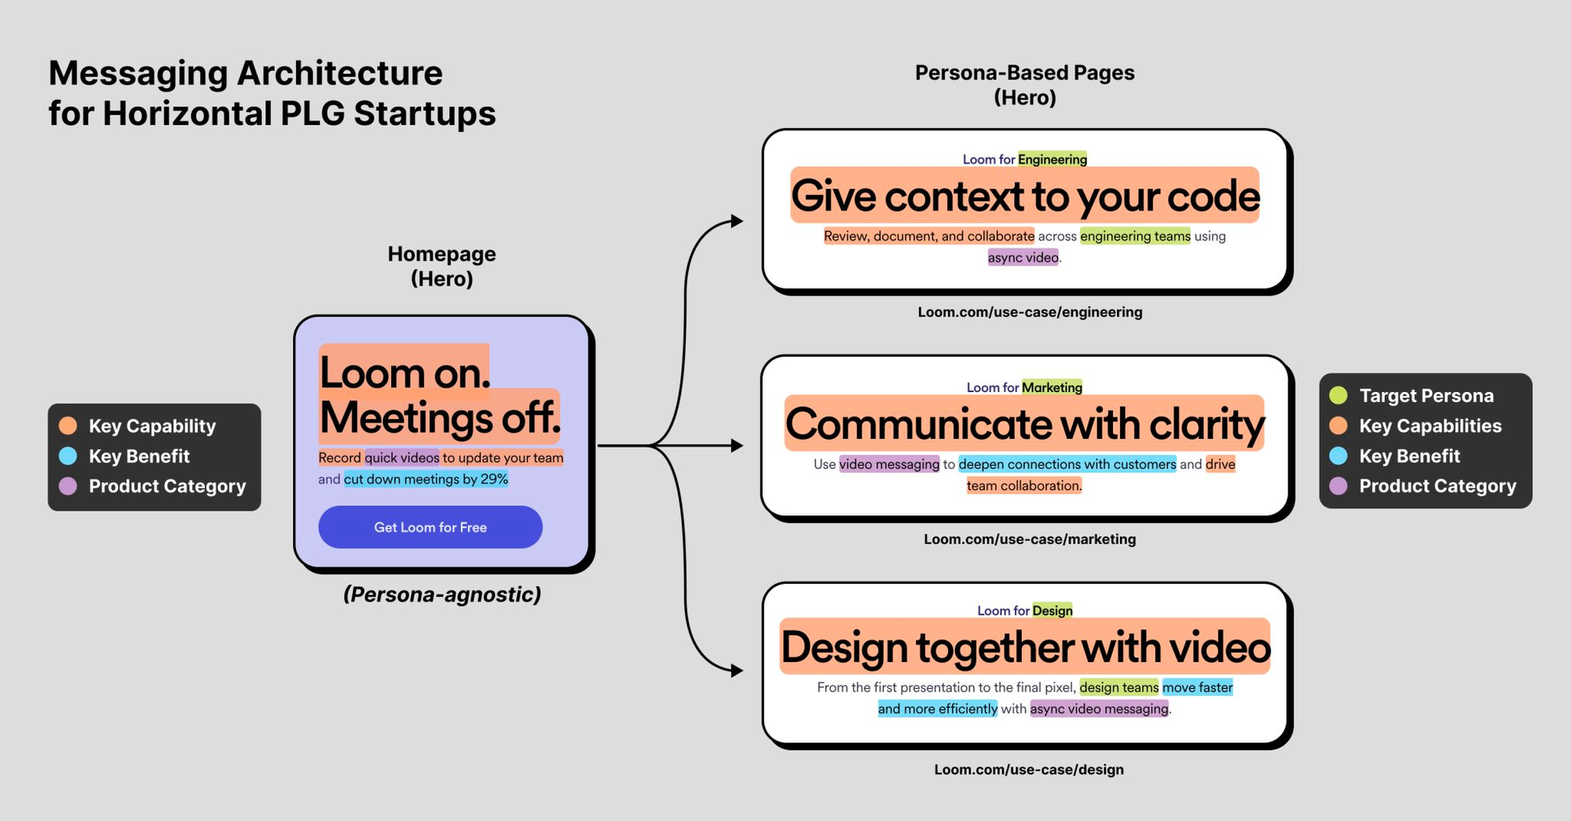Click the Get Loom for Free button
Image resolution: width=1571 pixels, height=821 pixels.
click(430, 527)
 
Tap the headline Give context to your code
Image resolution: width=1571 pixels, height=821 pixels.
click(1025, 196)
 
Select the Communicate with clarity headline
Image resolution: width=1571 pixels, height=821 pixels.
click(1024, 424)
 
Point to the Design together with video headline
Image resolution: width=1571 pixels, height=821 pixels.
click(1025, 647)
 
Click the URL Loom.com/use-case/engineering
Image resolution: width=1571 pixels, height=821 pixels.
click(1030, 312)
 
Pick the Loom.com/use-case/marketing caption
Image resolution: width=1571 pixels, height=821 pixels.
click(1030, 539)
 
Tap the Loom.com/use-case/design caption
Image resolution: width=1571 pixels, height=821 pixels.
click(1029, 769)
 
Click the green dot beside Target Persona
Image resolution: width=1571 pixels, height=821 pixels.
click(1338, 395)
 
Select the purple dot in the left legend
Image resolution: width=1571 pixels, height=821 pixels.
click(68, 486)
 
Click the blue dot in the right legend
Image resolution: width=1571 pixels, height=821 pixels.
click(1338, 456)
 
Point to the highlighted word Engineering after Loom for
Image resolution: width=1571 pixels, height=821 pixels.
click(1053, 159)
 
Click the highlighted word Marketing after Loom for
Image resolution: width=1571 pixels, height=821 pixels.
click(1052, 387)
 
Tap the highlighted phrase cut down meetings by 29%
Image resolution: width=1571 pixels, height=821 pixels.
click(426, 479)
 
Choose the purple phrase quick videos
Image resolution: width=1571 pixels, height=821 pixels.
click(401, 458)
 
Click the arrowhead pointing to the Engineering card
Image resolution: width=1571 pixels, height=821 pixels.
click(737, 221)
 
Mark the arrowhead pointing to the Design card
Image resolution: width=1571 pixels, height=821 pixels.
click(737, 670)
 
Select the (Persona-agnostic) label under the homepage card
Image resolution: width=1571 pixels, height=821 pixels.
click(442, 595)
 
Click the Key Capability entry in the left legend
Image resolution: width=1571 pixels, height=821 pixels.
click(152, 426)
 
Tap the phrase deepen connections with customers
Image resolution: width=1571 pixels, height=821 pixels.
click(1067, 464)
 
